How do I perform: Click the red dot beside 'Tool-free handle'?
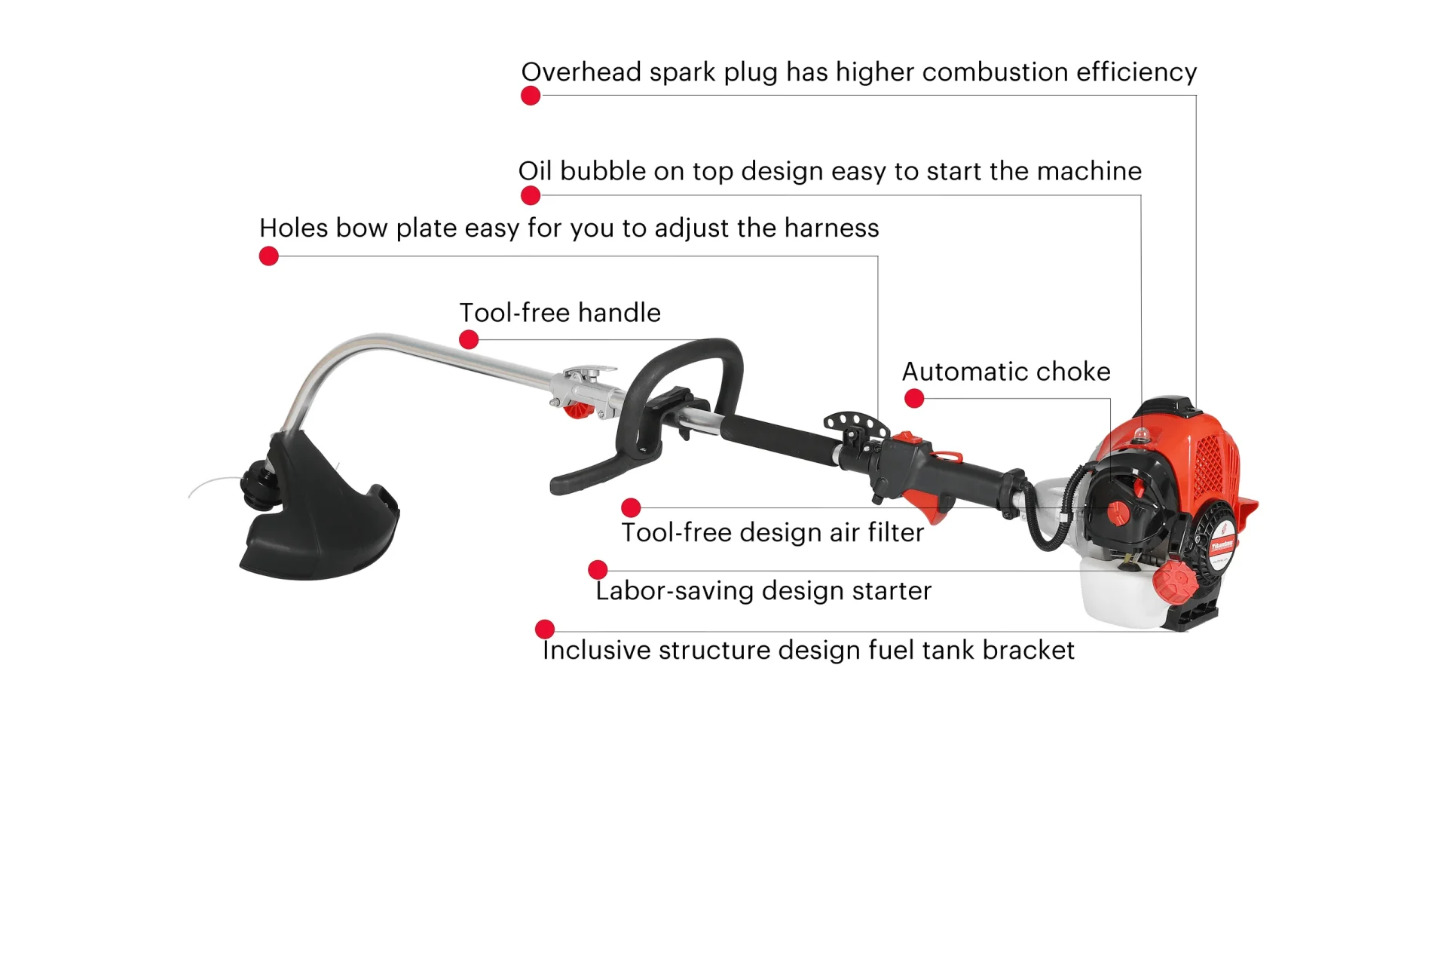point(469,339)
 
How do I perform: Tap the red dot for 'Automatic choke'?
point(914,399)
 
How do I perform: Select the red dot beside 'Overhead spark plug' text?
point(531,96)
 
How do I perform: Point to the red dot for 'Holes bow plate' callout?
point(269,256)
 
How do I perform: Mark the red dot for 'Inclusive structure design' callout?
point(545,629)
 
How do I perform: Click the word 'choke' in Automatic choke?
point(1074,372)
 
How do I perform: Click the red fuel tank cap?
point(1173,584)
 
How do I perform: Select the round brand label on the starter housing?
point(1222,544)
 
